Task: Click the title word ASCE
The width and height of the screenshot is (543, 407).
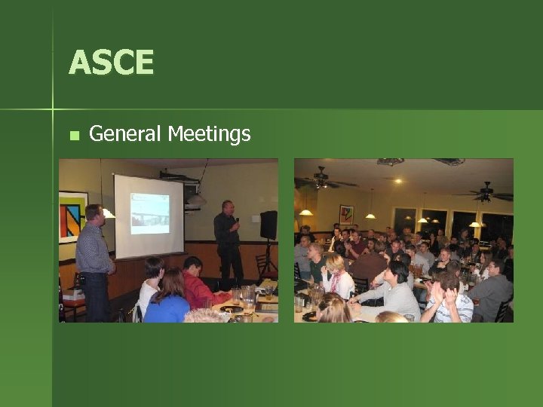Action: click(111, 63)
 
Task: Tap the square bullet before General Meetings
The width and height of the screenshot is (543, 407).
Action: click(73, 136)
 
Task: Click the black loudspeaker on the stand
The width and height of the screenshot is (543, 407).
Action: click(268, 225)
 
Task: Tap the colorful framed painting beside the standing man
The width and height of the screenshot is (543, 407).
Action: click(72, 216)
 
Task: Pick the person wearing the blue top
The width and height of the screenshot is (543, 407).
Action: click(167, 300)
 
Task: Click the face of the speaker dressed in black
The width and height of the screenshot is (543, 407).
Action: click(227, 209)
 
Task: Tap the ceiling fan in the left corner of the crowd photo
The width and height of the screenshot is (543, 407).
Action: click(322, 180)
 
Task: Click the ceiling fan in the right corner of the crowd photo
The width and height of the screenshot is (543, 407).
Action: click(485, 192)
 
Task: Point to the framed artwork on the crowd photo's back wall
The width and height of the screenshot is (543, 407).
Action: click(346, 215)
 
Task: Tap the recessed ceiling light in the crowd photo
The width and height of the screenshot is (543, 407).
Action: click(397, 180)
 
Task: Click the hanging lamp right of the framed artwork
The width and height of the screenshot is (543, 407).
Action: click(370, 215)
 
